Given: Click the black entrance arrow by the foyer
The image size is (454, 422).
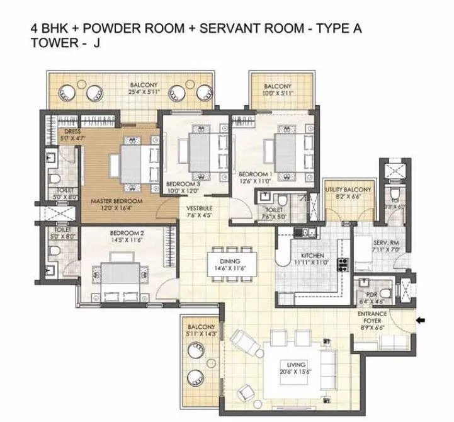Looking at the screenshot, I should coord(421,322).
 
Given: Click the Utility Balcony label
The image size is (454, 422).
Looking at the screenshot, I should coord(348,190).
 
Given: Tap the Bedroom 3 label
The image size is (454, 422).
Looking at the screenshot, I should coord(182,185).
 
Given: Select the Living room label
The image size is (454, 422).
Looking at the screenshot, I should coord(295,365).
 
